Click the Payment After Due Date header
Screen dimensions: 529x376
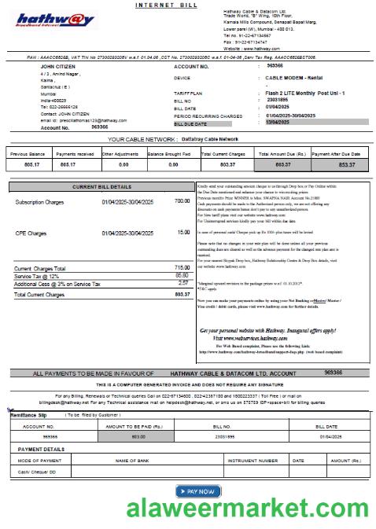click(339, 155)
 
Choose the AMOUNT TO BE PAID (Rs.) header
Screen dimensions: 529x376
click(138, 426)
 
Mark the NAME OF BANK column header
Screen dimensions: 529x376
click(138, 461)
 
